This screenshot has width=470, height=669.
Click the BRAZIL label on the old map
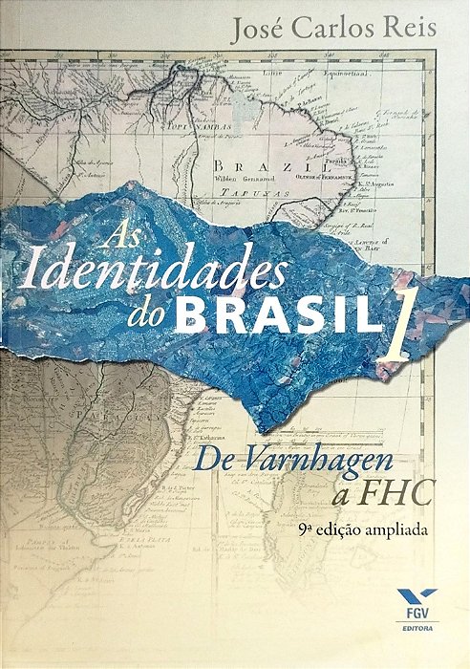pos(236,162)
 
